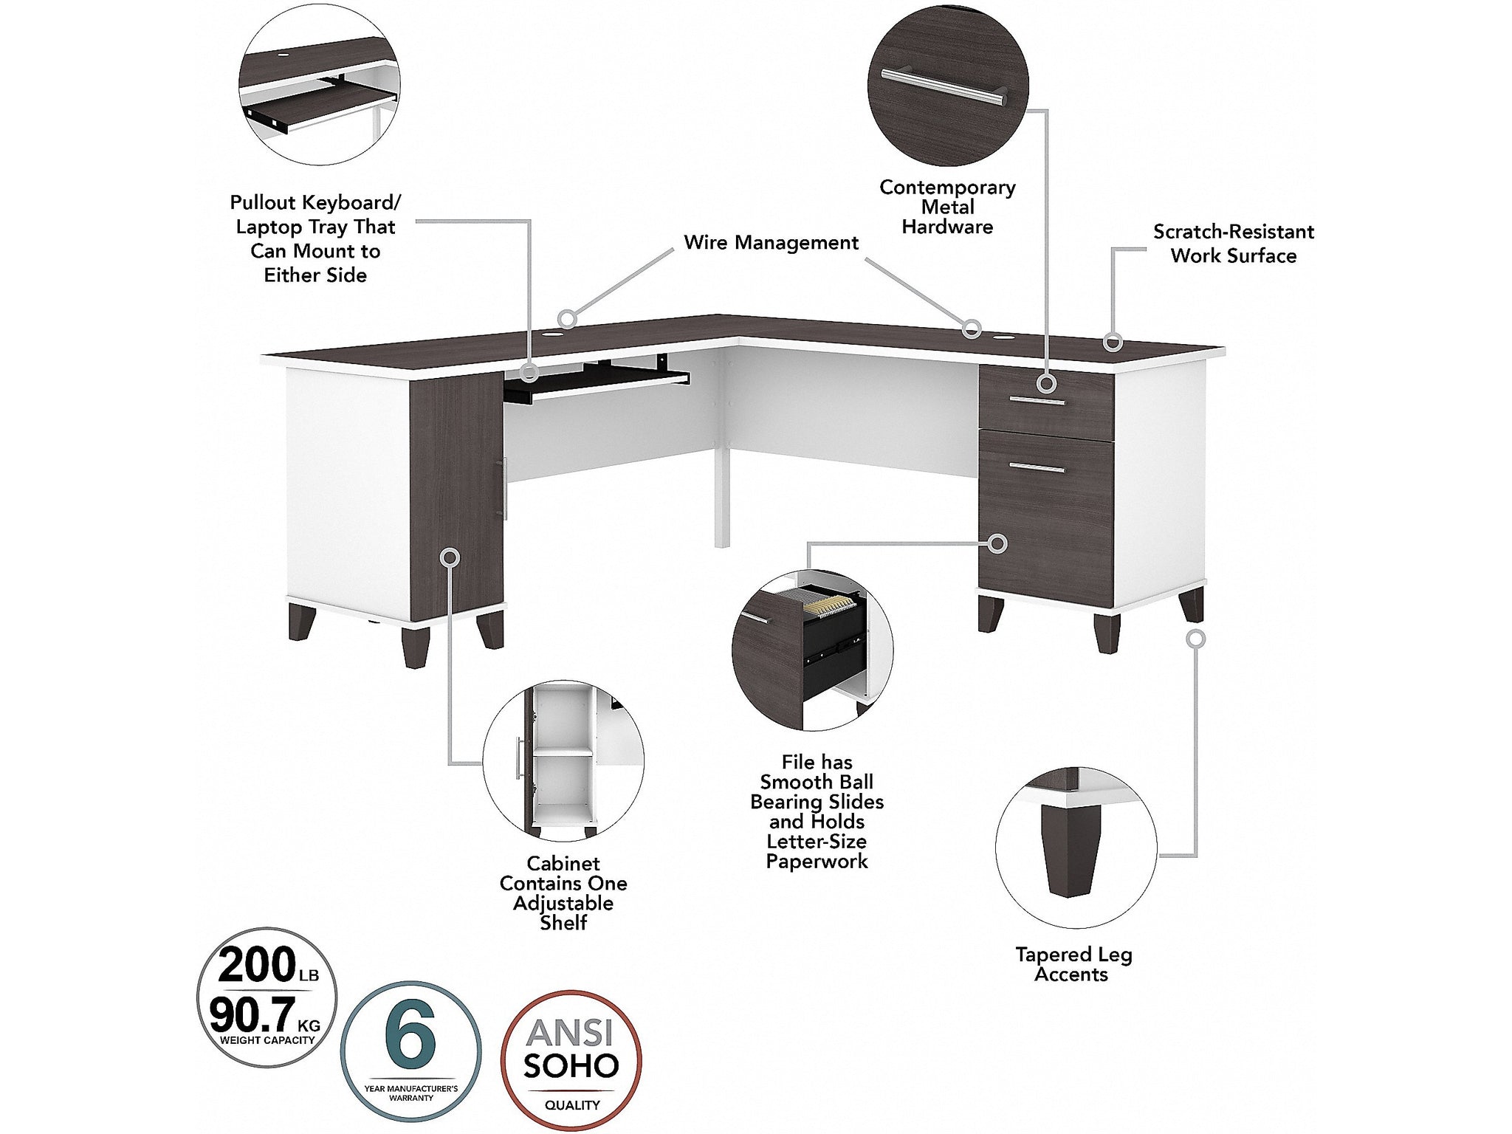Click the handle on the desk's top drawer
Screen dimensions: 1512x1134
[x=1038, y=401]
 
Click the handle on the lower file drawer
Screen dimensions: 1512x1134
[x=1038, y=467]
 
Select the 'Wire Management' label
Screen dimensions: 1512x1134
[x=771, y=243]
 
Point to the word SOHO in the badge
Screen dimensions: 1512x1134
[x=571, y=1066]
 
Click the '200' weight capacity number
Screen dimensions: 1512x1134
[x=257, y=965]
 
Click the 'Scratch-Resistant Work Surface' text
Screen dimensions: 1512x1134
[x=1234, y=244]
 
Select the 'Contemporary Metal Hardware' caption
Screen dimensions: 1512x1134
[x=947, y=207]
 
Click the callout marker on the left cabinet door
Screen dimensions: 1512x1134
[x=450, y=557]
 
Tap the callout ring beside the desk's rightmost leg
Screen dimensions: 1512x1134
[x=1196, y=639]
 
